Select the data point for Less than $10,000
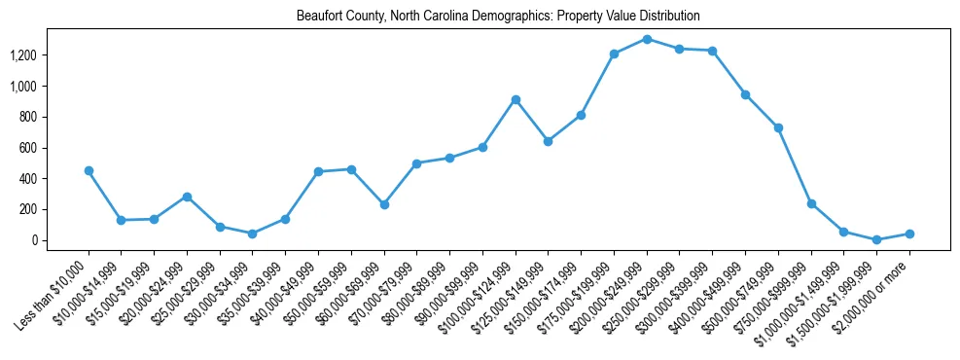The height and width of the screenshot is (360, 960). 89,170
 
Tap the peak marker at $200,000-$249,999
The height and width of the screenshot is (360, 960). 647,39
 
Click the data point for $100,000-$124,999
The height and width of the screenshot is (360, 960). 516,99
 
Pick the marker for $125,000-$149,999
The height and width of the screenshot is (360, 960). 549,141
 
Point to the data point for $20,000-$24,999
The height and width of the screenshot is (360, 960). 187,197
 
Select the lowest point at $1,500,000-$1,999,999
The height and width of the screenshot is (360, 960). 876,239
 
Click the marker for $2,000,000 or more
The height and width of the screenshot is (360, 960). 909,234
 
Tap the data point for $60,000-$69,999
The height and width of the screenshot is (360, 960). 384,204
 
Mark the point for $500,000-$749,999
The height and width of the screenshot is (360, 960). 778,127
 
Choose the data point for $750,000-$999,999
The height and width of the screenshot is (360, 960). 811,203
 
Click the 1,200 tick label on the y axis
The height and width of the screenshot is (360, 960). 49,55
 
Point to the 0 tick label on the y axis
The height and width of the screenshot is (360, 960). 59,240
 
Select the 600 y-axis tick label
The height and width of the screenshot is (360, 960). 53,148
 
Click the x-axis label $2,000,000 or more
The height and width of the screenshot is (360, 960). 881,292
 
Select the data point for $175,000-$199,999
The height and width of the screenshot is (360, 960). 614,54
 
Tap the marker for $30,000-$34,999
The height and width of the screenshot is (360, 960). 252,234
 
